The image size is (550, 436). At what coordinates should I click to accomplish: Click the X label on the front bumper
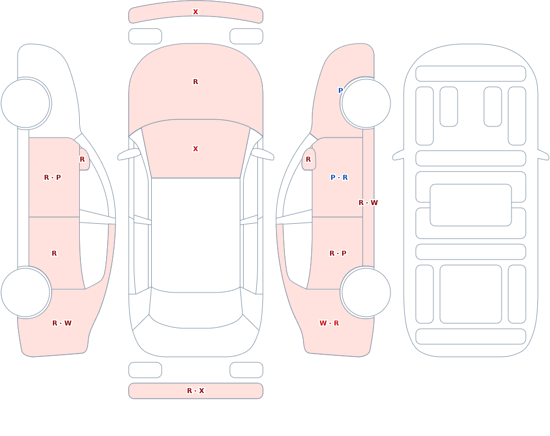[195, 12]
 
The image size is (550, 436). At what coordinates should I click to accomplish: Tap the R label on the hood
[195, 82]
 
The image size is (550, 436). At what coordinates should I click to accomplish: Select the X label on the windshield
[195, 149]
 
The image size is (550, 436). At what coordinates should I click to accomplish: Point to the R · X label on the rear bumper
[195, 391]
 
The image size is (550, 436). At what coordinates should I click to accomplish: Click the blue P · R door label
[339, 178]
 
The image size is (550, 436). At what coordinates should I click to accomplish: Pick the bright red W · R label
[329, 323]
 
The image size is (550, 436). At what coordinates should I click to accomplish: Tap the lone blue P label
[340, 91]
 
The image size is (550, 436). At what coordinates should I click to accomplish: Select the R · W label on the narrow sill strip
[368, 203]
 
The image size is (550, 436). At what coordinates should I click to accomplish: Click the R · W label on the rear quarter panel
[62, 323]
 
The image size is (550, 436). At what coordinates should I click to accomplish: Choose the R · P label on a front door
[52, 178]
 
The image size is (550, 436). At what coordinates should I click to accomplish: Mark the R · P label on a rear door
[338, 253]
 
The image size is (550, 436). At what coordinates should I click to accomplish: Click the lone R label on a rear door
[54, 253]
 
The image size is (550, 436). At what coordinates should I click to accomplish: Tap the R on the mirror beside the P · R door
[309, 159]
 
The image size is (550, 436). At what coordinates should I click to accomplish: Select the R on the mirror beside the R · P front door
[82, 159]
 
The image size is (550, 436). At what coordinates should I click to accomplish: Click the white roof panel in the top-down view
[196, 235]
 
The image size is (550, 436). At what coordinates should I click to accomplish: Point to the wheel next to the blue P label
[366, 103]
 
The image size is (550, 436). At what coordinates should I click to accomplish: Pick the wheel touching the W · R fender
[366, 292]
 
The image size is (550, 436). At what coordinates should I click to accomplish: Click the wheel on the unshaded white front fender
[25, 103]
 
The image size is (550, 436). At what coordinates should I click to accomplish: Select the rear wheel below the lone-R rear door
[25, 292]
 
